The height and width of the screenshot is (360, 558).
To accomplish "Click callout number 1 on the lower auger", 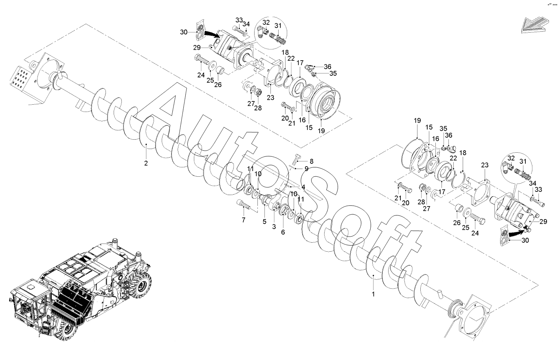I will point(373,293).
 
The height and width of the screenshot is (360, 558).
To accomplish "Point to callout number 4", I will point(303,187).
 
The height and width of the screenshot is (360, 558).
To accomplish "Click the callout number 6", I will point(283,232).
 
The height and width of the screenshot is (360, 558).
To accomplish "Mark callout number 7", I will point(244,220).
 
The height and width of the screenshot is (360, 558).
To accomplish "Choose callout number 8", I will point(311,161).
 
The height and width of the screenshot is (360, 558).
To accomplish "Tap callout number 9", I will point(306,169).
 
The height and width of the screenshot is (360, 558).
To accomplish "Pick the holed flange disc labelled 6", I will point(283,212).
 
